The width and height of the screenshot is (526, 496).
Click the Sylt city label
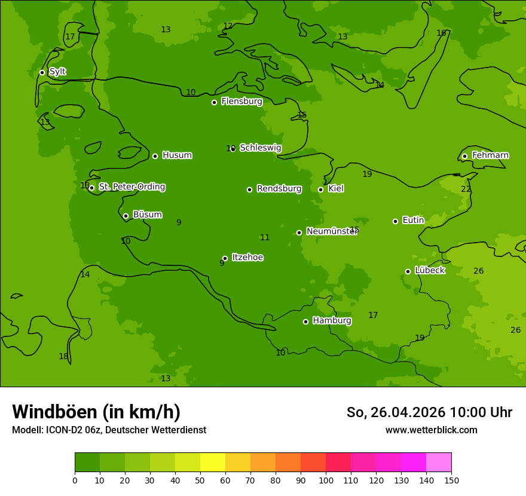[x=57, y=72]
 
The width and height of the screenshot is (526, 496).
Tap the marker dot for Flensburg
[x=214, y=102]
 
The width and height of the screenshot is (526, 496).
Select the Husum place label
[x=177, y=155]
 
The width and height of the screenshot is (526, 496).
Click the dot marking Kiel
[x=320, y=189]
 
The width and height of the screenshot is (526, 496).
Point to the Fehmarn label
[x=490, y=155]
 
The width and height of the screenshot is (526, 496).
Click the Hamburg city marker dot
[x=305, y=322]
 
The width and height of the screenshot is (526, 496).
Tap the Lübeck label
[x=429, y=271]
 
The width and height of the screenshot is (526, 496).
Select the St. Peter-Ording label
[x=131, y=187]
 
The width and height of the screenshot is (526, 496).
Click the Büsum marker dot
[x=126, y=216]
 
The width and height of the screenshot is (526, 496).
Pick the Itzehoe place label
[x=247, y=258]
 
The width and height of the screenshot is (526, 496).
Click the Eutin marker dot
[x=395, y=221]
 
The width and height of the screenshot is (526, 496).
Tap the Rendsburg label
[x=279, y=189]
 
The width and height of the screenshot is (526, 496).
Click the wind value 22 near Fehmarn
[x=466, y=189]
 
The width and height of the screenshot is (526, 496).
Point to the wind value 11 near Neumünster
[x=265, y=237]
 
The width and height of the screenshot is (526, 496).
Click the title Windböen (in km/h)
[x=96, y=412]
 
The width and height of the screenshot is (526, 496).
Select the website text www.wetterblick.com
[x=431, y=430]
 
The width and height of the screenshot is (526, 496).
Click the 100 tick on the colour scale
[x=326, y=479]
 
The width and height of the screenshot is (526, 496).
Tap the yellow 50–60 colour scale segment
[x=213, y=463]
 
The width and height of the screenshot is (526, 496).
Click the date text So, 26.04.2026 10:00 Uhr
[x=429, y=412]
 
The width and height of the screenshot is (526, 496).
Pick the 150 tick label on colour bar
[x=451, y=479]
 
